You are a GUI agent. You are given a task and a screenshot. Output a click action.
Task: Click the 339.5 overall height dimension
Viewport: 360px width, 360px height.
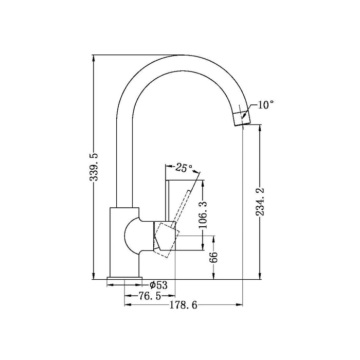(94, 168)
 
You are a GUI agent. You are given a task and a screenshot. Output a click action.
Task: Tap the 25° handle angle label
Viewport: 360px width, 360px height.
(184, 167)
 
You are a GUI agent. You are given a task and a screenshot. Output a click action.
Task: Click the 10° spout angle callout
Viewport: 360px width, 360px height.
(265, 105)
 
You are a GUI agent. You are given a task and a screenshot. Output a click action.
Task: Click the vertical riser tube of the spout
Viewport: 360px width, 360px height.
(125, 154)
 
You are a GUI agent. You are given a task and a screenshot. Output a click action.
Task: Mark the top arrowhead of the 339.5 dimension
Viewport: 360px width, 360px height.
(94, 58)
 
